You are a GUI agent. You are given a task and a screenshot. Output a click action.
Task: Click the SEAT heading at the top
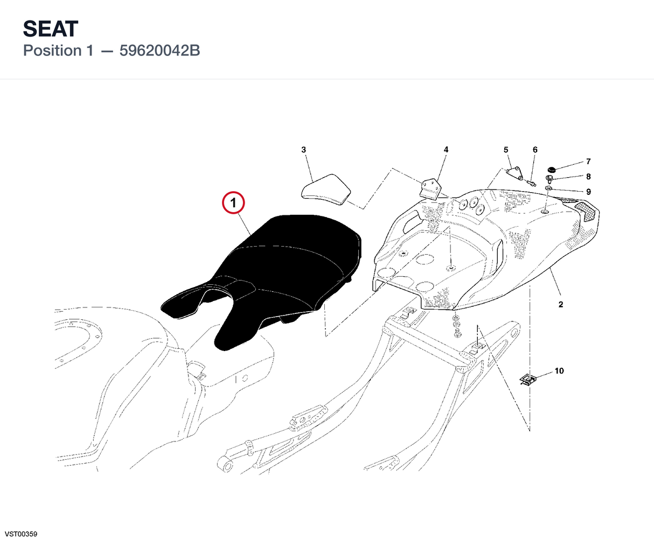[x=51, y=29]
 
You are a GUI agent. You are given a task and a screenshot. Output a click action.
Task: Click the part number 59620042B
[x=159, y=51]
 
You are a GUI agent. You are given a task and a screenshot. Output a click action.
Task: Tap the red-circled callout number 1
[x=233, y=203]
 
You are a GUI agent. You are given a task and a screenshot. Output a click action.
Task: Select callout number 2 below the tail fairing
[x=561, y=304]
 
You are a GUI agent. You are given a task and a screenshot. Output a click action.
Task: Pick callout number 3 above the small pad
[x=303, y=150]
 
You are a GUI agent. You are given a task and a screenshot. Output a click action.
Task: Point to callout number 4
[x=446, y=150]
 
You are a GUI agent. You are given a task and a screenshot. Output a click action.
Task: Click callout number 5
[x=506, y=150]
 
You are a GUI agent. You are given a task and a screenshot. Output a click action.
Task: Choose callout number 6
[x=535, y=150]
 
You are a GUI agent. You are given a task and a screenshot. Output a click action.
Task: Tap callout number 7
[x=588, y=162]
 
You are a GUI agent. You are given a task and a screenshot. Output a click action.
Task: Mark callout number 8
[x=588, y=177]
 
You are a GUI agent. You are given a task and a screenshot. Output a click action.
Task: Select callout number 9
[x=588, y=192]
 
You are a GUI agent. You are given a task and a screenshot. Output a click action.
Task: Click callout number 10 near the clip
[x=559, y=371]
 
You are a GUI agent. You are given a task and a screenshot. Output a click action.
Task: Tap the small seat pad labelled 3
[x=326, y=190]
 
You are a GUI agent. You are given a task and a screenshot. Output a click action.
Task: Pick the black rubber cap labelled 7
[x=551, y=170]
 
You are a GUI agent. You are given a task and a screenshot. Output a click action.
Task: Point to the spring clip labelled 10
[x=528, y=380]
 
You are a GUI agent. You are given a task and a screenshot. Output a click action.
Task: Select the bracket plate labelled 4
[x=430, y=189]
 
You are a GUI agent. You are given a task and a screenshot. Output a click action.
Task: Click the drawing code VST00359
[x=21, y=534]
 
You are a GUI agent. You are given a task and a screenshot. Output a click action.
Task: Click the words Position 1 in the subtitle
[x=58, y=51]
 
